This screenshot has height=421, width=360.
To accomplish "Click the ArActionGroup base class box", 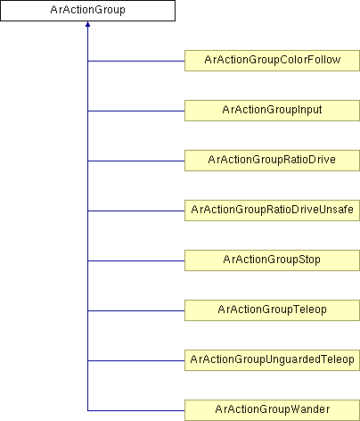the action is (x=87, y=11).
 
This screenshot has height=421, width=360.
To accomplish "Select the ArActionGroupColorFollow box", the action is (x=272, y=61).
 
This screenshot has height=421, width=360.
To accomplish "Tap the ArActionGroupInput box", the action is (x=272, y=111).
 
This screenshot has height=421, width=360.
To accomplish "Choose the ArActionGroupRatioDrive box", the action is (x=272, y=161).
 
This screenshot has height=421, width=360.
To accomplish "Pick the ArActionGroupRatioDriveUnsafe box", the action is (x=272, y=210).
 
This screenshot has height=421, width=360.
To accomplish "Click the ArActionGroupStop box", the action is (x=272, y=260).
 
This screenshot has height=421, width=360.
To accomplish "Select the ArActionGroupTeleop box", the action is (x=272, y=310).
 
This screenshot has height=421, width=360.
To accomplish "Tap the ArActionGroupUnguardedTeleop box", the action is (x=272, y=360).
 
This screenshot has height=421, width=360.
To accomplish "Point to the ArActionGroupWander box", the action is (x=272, y=410).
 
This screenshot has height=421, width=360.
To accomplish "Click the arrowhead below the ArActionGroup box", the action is (x=87, y=24).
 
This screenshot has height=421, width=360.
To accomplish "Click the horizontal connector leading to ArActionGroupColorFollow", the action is (x=136, y=62).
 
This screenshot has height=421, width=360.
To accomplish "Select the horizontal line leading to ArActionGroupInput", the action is (x=136, y=111).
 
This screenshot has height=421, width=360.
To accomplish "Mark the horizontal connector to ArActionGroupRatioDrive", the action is (x=136, y=161).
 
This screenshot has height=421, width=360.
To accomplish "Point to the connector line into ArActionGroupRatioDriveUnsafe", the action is (x=136, y=211).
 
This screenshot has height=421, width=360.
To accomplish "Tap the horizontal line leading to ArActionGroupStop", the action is (x=136, y=261).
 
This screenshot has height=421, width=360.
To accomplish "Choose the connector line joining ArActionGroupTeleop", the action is (x=136, y=311).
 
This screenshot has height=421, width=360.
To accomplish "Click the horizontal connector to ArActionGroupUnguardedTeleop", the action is (x=136, y=361).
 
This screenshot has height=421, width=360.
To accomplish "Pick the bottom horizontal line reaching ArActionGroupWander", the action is (x=136, y=411).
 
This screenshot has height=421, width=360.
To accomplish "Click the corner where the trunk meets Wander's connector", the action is (x=87, y=411).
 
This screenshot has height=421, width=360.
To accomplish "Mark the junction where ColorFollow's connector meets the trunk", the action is (x=87, y=62).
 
